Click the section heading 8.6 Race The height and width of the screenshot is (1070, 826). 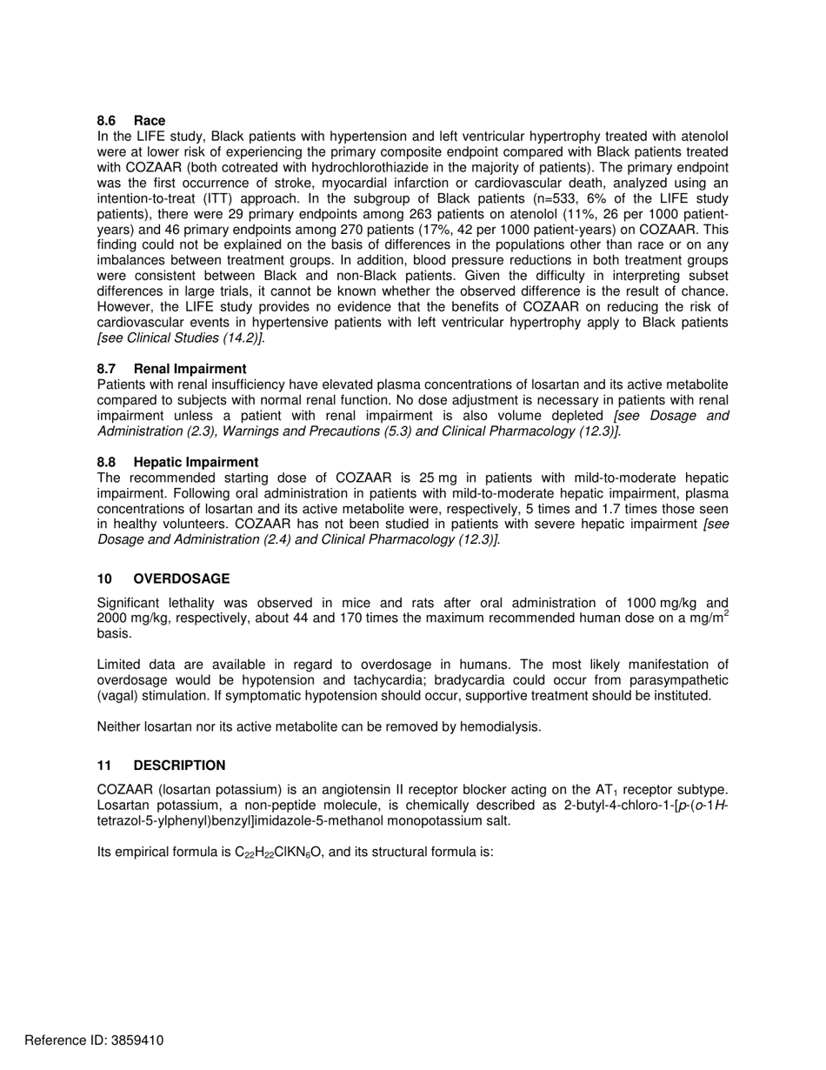coord(130,120)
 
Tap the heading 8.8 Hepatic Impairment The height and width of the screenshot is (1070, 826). coord(177,462)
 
